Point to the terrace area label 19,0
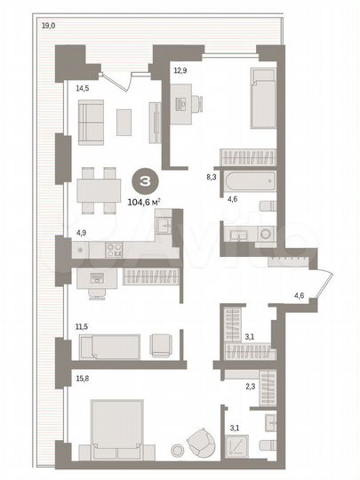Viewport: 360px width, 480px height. (48, 27)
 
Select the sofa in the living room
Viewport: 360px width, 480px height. (91, 122)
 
